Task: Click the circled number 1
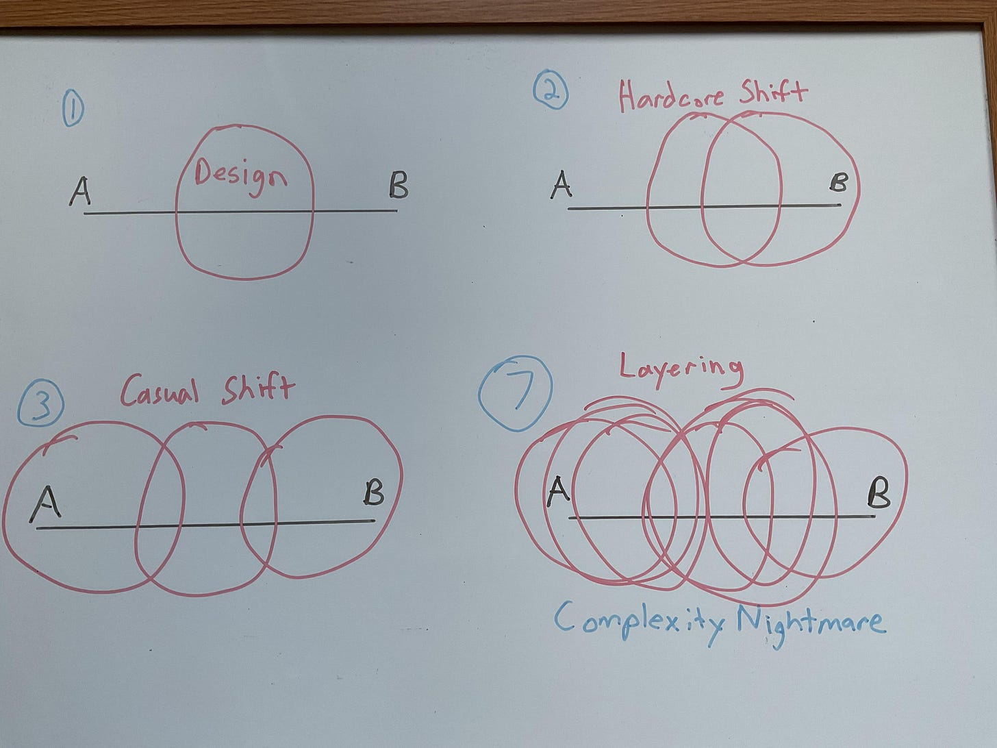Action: click(x=72, y=110)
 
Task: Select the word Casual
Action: click(x=160, y=392)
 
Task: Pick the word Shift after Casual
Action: click(x=257, y=388)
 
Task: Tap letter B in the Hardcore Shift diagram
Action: click(x=838, y=182)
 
